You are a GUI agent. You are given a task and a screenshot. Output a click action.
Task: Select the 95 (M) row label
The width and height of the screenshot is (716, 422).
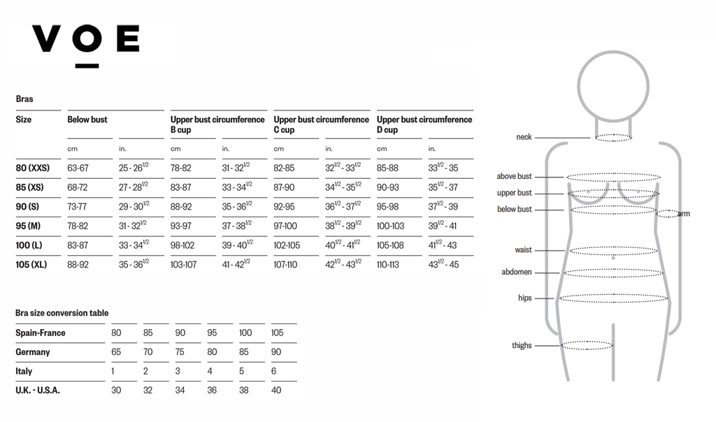(28, 226)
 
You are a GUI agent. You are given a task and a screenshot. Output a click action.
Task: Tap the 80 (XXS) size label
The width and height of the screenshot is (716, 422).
(32, 168)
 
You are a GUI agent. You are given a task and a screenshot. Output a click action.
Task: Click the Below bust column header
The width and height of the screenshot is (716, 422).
(87, 119)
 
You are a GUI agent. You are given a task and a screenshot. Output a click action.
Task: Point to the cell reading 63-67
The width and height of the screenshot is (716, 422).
(78, 168)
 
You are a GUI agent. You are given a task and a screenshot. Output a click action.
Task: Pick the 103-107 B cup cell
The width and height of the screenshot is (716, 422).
(183, 265)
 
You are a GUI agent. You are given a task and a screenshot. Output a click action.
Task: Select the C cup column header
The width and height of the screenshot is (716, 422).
(321, 124)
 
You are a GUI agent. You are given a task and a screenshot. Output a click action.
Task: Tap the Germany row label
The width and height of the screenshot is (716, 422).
(33, 352)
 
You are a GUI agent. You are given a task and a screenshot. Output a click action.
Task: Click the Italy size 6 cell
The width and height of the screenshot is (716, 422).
(273, 371)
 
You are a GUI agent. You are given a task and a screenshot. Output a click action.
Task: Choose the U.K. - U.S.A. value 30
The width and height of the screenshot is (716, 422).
(116, 391)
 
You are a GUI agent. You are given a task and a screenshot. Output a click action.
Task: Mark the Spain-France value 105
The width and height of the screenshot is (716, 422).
(277, 333)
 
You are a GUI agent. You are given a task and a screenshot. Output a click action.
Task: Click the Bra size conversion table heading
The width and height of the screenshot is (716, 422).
(62, 313)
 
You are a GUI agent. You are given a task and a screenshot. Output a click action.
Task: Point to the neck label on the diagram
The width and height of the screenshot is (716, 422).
(524, 137)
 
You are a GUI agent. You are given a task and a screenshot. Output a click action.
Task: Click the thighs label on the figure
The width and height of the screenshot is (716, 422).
(522, 345)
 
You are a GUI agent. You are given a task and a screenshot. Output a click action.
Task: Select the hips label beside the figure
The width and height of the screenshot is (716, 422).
(524, 298)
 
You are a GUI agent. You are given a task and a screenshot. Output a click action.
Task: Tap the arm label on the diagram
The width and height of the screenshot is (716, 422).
(683, 214)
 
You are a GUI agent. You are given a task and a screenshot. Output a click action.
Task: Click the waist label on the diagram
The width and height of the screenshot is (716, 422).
(523, 249)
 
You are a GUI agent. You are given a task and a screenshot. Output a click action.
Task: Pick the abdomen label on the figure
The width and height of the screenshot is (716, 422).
(517, 272)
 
